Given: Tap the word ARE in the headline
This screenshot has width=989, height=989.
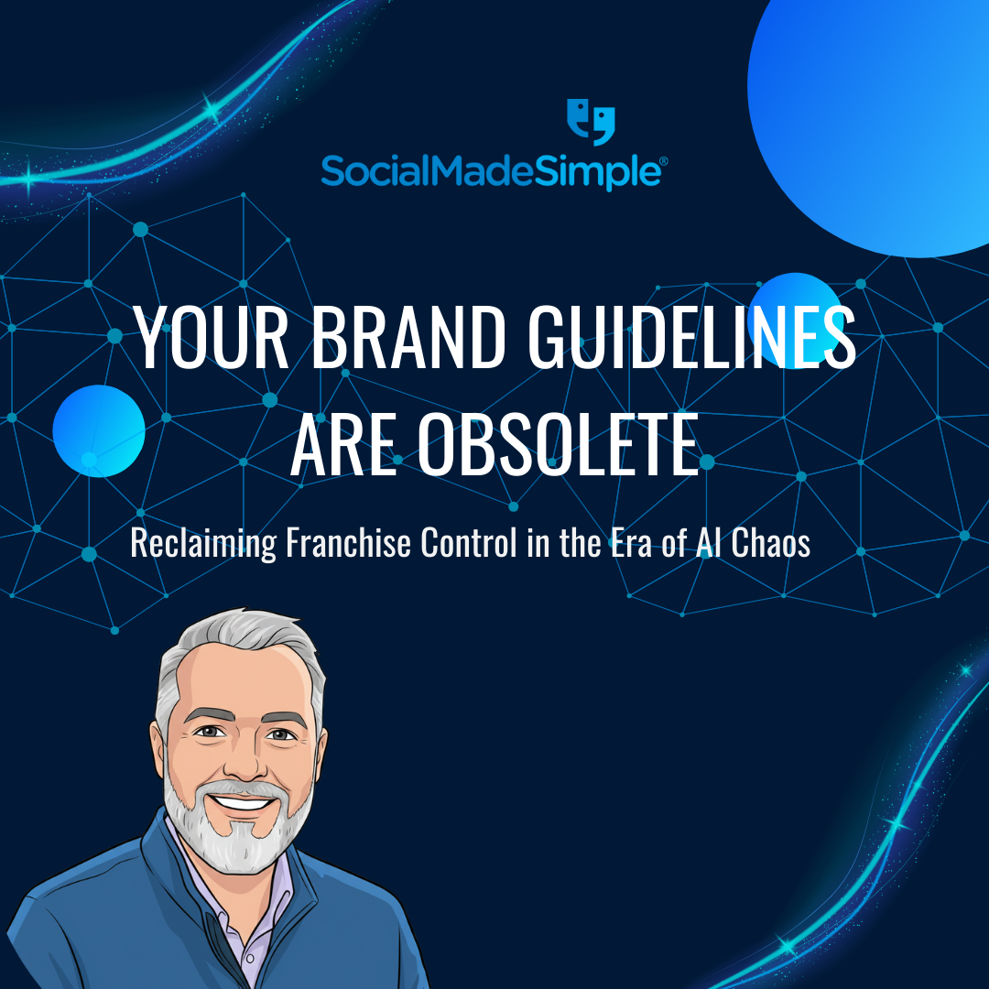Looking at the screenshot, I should (343, 446).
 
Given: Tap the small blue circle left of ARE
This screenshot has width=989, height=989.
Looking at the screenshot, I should (99, 430).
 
